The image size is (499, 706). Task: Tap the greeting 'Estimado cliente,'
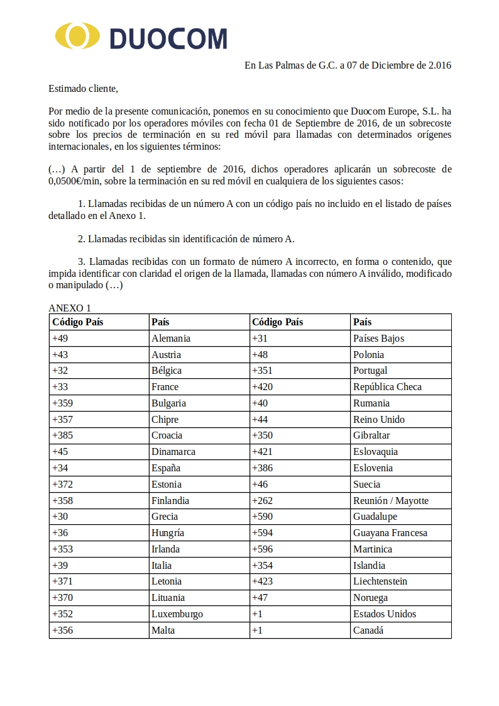click(83, 88)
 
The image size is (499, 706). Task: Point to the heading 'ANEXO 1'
click(70, 308)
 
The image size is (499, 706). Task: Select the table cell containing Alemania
click(171, 338)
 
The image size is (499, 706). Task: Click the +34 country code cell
click(60, 468)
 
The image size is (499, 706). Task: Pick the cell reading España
click(166, 468)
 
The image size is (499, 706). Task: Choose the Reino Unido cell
click(379, 419)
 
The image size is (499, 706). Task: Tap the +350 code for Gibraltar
click(262, 435)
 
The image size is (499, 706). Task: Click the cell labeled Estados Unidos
click(385, 614)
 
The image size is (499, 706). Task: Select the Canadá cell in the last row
click(368, 630)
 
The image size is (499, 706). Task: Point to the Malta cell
click(163, 630)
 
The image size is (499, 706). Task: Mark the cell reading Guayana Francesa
click(390, 532)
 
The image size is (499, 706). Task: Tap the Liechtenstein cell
click(380, 581)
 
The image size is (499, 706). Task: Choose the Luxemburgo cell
click(177, 614)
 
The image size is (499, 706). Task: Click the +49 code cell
click(60, 338)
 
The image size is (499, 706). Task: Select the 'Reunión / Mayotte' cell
click(391, 500)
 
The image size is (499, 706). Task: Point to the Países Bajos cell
click(379, 338)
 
